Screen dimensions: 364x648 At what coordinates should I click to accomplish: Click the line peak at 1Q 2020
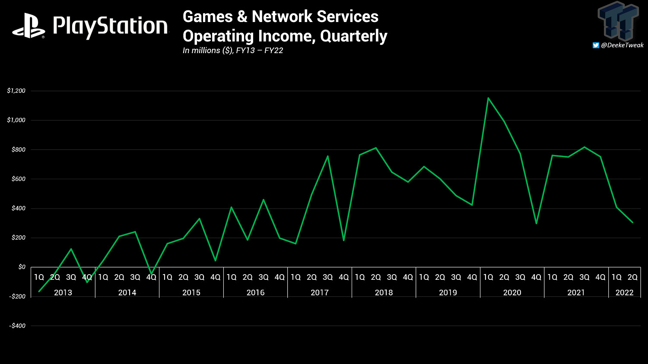click(x=488, y=98)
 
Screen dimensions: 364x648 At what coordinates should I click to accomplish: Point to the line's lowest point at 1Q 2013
click(x=39, y=291)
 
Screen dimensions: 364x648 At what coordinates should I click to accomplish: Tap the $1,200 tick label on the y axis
click(x=16, y=91)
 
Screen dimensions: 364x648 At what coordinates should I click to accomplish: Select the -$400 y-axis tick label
click(x=17, y=326)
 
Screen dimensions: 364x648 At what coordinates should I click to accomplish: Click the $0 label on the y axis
click(x=22, y=267)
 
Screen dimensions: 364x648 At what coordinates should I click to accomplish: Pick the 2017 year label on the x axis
click(x=320, y=292)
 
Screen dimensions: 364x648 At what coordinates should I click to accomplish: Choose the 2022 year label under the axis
click(x=624, y=292)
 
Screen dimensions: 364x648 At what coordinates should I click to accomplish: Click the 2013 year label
click(x=63, y=292)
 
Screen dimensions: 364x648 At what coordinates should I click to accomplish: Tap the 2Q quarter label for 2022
click(x=632, y=277)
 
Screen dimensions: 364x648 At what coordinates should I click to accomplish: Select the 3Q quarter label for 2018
click(x=392, y=277)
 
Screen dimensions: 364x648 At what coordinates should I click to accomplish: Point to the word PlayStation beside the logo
click(x=110, y=27)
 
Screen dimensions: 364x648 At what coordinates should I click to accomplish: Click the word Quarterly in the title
click(x=353, y=36)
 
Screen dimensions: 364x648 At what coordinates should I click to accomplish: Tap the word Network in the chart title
click(x=282, y=16)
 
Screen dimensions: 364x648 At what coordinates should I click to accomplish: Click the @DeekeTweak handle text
click(x=622, y=45)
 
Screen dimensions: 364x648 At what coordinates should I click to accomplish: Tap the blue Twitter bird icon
click(x=596, y=45)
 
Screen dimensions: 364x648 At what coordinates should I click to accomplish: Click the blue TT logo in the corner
click(x=618, y=20)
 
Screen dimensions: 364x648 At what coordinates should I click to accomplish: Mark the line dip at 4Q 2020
click(x=536, y=223)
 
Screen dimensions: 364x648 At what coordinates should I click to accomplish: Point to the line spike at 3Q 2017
click(x=328, y=156)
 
